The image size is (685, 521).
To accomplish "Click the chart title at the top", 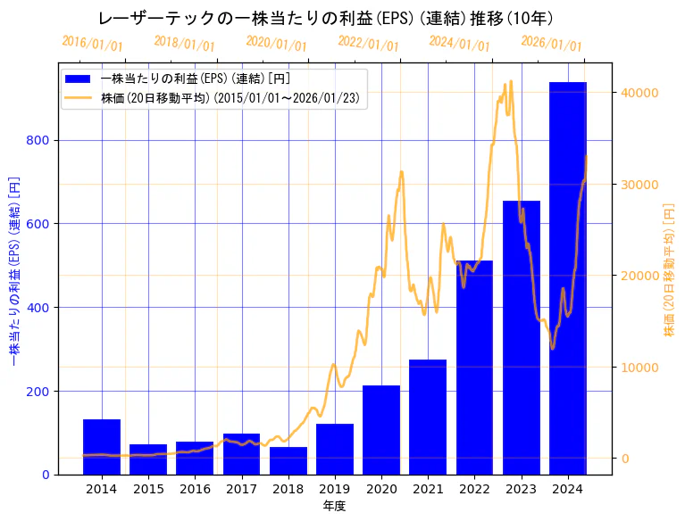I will [325, 18].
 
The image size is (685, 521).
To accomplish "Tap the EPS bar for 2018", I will [288, 460].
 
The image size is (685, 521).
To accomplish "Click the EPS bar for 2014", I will [102, 447].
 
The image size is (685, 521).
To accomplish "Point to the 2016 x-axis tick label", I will [195, 489].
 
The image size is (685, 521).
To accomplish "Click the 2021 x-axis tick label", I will [428, 489].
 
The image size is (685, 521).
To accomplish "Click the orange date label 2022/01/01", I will [368, 44].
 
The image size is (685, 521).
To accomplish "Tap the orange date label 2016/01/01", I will [92, 43].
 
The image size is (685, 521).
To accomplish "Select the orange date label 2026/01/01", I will [551, 44].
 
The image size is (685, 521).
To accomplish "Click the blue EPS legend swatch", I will [79, 79].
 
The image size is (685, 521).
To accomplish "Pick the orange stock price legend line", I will [79, 98].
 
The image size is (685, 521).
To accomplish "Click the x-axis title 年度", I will [334, 506].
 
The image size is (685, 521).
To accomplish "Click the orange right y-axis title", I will [670, 269].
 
